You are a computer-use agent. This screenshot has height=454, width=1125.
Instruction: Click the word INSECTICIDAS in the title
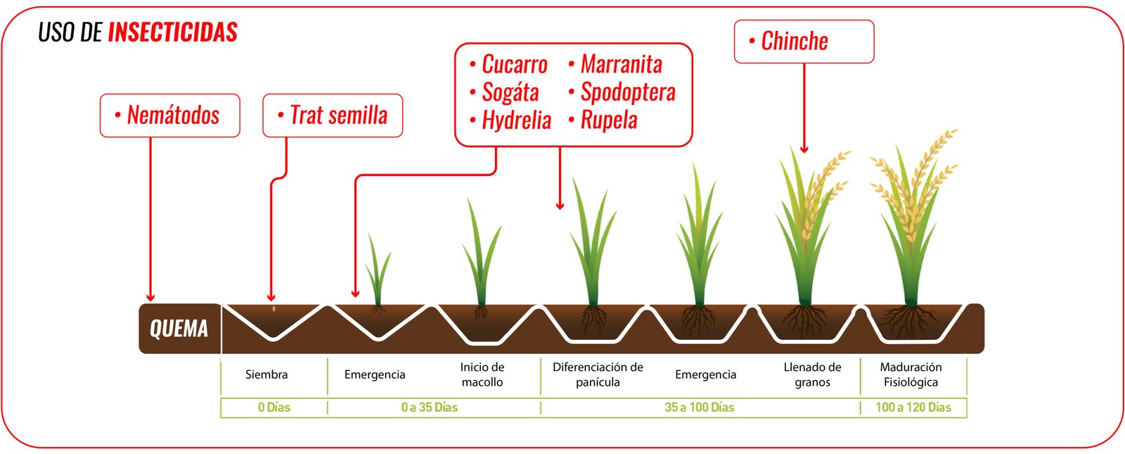(173, 32)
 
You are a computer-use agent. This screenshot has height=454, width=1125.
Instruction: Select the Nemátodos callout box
(169, 115)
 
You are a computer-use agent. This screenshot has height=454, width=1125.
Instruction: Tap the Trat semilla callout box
(333, 115)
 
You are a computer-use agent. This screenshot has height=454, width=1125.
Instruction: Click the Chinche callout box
(804, 42)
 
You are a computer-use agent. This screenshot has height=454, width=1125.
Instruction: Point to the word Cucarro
(514, 65)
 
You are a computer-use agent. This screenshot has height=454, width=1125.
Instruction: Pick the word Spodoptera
(628, 92)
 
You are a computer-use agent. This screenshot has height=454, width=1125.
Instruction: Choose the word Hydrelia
(516, 120)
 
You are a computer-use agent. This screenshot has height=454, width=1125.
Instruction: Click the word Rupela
(609, 120)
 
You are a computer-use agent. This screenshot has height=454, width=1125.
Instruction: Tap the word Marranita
(621, 65)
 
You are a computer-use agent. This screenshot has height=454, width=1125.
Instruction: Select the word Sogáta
(510, 92)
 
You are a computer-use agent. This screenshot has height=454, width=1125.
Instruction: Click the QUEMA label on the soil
(179, 329)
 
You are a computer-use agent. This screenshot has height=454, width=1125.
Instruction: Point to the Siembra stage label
(266, 374)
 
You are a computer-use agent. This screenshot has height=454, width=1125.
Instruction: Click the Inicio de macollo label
(482, 374)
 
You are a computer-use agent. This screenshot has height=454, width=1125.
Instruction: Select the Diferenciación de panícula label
(598, 374)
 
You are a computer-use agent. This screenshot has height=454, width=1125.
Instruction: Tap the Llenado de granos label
(812, 374)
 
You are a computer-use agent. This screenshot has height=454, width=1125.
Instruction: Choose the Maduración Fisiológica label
(911, 374)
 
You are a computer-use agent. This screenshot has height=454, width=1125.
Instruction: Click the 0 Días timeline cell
(274, 408)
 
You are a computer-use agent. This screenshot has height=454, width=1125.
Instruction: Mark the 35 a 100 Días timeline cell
(700, 408)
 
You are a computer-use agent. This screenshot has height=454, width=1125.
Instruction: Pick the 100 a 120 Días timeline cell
(913, 408)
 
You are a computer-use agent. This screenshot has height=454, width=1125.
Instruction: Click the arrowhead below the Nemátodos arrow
(150, 297)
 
